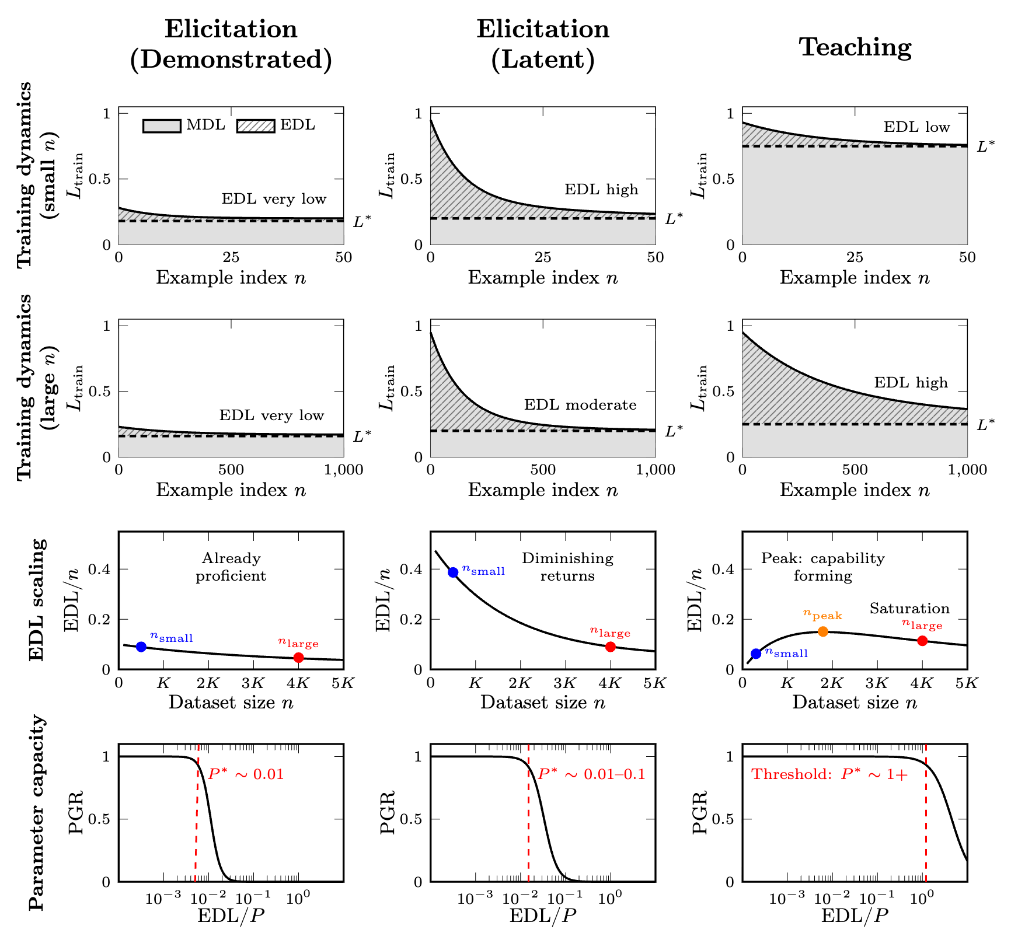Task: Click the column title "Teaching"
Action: [x=855, y=47]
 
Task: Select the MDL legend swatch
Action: [x=162, y=126]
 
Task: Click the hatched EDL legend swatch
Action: [x=256, y=126]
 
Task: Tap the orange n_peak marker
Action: [x=823, y=631]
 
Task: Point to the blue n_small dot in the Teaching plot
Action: [x=756, y=654]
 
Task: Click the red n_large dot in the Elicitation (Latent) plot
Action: [x=611, y=647]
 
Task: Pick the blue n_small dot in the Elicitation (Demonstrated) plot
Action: [x=141, y=647]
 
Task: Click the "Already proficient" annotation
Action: [x=231, y=567]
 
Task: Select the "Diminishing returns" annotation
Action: [x=567, y=567]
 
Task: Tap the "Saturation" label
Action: [x=909, y=609]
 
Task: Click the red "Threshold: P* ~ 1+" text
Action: [x=829, y=774]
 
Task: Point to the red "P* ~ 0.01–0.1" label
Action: [x=591, y=774]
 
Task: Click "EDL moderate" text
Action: [x=580, y=405]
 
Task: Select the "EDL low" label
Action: [x=916, y=127]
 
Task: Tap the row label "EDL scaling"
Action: [x=36, y=600]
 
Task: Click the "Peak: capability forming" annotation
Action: [x=822, y=567]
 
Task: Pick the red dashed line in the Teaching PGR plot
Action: [x=926, y=829]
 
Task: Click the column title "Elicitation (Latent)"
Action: [x=543, y=45]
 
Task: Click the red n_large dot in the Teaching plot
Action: [x=922, y=641]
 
